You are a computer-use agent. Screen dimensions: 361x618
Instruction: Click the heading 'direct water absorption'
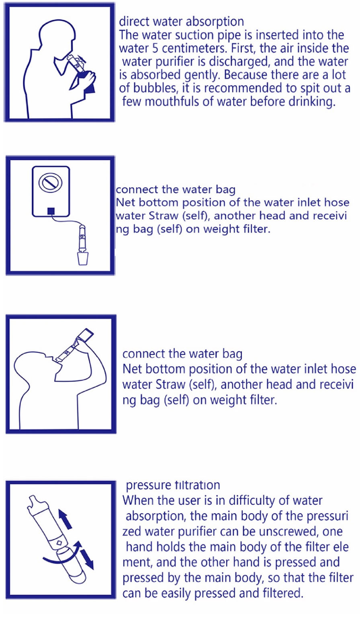click(x=181, y=22)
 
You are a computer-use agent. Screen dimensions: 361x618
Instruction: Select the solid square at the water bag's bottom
click(x=51, y=211)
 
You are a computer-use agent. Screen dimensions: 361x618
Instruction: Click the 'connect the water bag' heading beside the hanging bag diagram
click(x=176, y=190)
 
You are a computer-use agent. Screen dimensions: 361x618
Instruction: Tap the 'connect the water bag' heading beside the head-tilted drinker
click(x=182, y=354)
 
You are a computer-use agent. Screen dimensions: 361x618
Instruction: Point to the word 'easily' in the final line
click(x=175, y=593)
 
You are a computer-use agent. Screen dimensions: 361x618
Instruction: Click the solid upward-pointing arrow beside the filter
click(x=66, y=519)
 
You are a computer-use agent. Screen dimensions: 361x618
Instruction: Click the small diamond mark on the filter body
click(x=59, y=543)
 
